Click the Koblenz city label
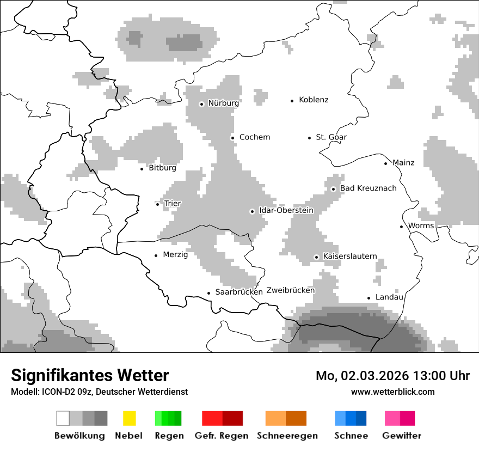(x=314, y=100)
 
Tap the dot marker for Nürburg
(x=201, y=104)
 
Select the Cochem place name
(x=254, y=137)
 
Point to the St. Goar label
(x=331, y=137)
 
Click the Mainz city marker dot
(x=386, y=163)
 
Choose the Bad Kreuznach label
(x=368, y=188)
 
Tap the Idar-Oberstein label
(x=286, y=210)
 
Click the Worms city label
(x=421, y=226)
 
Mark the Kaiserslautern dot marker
(x=316, y=257)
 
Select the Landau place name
(x=389, y=297)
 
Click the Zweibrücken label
(x=290, y=290)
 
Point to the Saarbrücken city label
(x=239, y=292)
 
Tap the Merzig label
(x=175, y=255)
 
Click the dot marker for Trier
(x=158, y=204)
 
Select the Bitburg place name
(x=162, y=168)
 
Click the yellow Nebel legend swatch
(x=129, y=418)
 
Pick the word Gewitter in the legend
(x=401, y=436)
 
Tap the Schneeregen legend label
(x=287, y=436)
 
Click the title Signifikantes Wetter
(x=90, y=375)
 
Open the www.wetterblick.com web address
(x=392, y=392)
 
